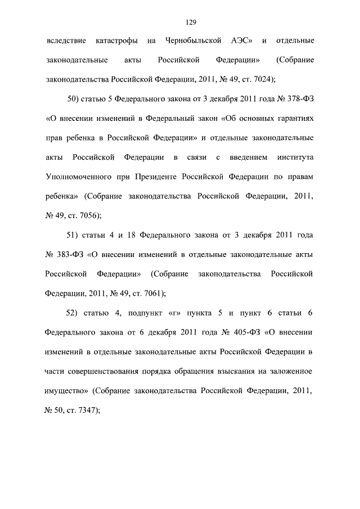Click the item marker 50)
tap(74, 101)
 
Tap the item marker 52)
tap(74, 313)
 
